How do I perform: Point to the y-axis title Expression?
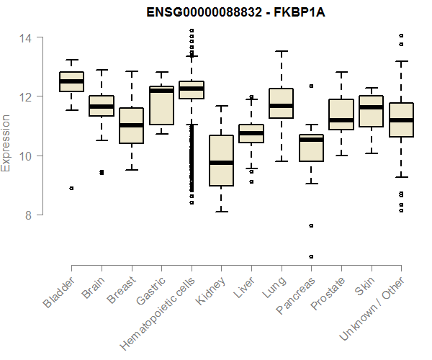coord(7,143)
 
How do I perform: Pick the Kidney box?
coord(221,160)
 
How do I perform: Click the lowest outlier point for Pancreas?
coord(311,256)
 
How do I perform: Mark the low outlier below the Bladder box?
coord(71,188)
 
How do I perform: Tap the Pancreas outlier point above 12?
coord(311,86)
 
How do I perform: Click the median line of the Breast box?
coord(131,125)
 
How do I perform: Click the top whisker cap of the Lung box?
coord(281,51)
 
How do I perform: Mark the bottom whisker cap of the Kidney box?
coord(221,212)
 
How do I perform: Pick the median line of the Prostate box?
coord(341,120)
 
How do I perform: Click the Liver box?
coord(251,133)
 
